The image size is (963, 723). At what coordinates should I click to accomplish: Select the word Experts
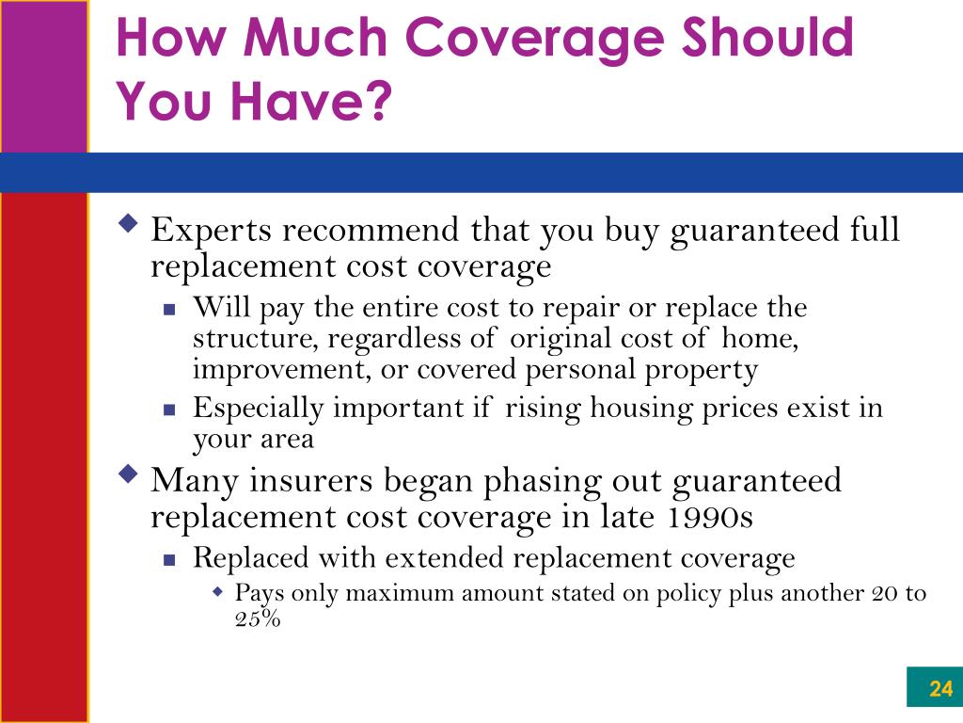(211, 232)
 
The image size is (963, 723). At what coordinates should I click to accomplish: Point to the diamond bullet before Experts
(128, 222)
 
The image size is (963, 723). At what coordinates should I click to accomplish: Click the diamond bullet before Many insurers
(128, 474)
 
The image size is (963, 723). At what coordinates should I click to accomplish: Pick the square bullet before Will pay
(169, 309)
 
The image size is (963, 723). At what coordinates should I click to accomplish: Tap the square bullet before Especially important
(169, 410)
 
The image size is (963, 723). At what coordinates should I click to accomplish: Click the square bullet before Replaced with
(169, 559)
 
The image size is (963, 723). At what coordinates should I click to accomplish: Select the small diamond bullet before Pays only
(217, 592)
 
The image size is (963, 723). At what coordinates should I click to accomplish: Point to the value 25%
(258, 618)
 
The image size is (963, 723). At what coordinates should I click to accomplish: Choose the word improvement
(282, 370)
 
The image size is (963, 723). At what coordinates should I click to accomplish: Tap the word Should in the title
(767, 36)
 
